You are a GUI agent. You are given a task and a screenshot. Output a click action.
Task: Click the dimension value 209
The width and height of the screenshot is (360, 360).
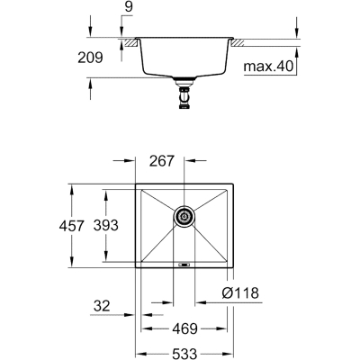click(x=106, y=57)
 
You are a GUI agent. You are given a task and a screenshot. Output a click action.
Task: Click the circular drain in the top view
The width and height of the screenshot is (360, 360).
click(x=183, y=216)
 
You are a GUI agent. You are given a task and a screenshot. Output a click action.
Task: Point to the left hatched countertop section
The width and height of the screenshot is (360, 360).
click(x=130, y=40)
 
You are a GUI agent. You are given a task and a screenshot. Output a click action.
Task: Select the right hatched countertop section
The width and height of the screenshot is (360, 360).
click(x=242, y=40)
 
